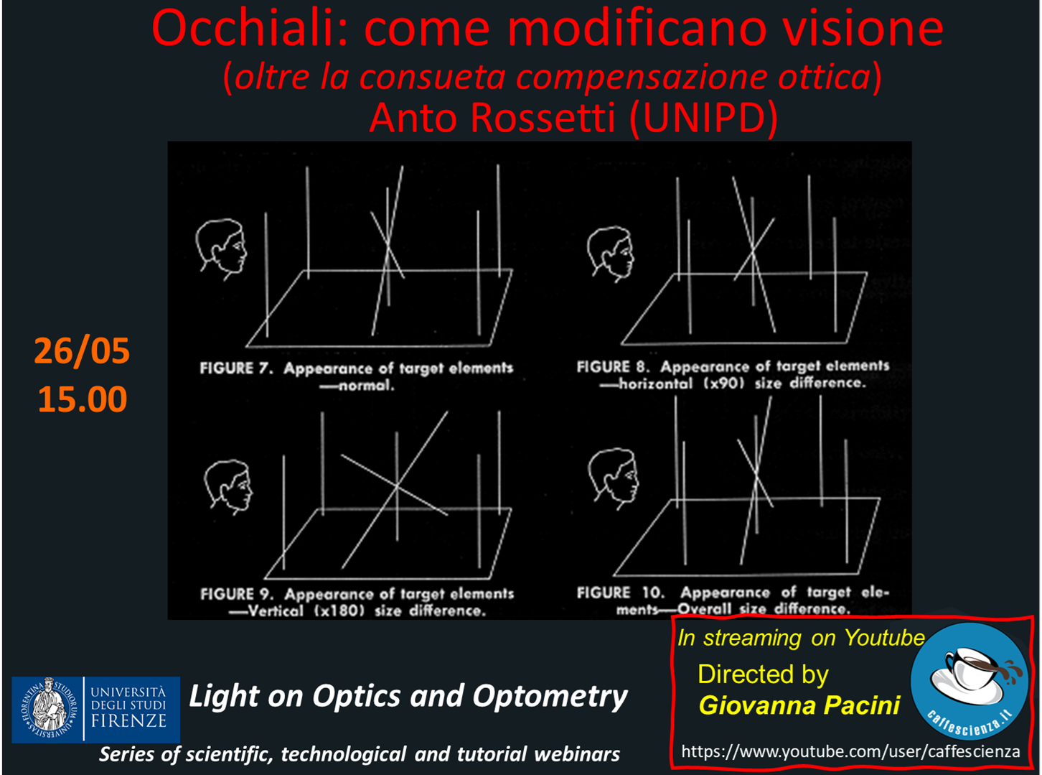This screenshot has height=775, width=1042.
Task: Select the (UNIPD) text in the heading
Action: (703, 119)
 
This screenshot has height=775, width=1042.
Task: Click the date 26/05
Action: (82, 351)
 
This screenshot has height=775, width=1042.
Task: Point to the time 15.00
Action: (83, 399)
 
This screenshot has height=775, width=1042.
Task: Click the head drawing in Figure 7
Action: (221, 249)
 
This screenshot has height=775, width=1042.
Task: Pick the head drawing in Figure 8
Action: (610, 254)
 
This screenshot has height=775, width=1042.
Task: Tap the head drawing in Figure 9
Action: (228, 487)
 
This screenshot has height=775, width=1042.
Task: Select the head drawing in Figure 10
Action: (613, 479)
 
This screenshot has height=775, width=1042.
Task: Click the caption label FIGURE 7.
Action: (236, 368)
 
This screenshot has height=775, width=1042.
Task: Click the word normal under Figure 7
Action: (366, 386)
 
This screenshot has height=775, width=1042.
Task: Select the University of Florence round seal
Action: (47, 710)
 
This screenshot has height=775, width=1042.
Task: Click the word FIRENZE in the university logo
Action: (128, 721)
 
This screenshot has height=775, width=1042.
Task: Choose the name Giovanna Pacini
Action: (799, 706)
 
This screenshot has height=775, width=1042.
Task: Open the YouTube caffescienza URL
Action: (850, 752)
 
